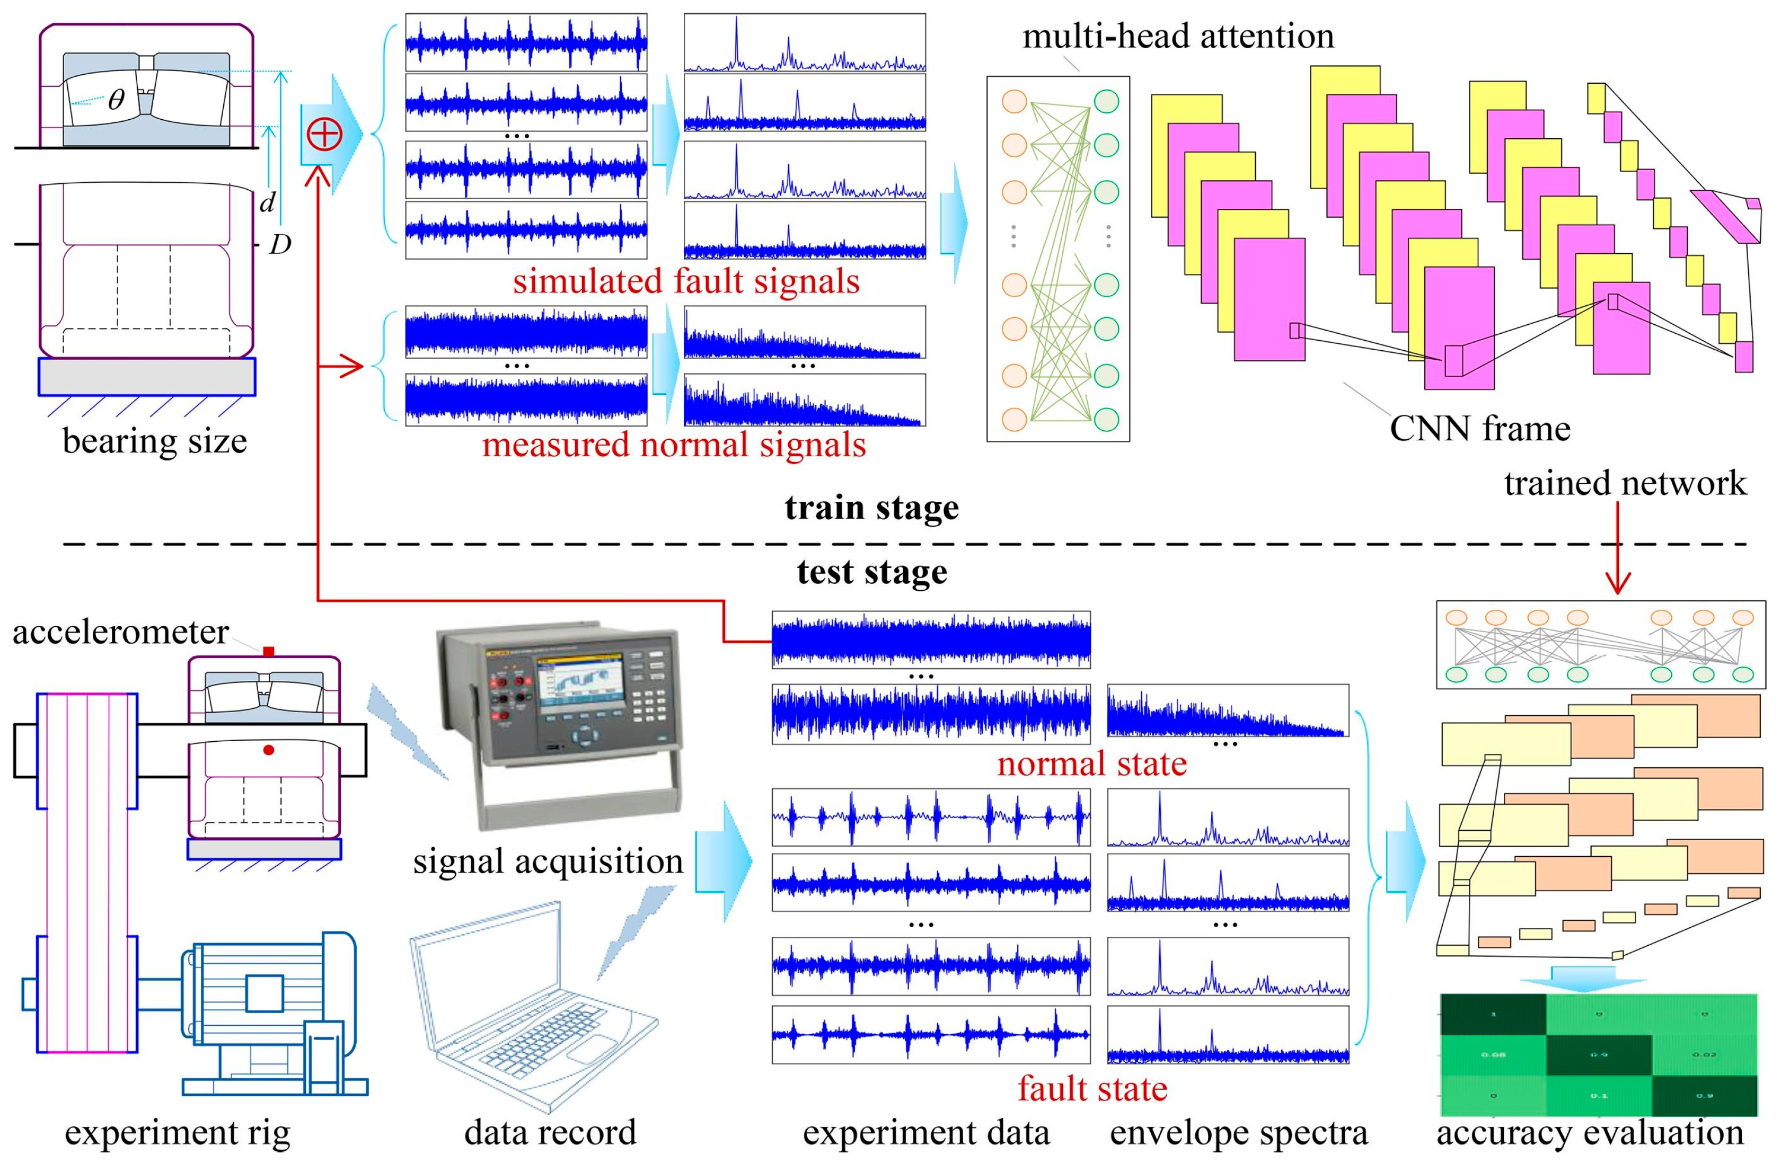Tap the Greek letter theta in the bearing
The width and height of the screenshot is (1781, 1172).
click(116, 100)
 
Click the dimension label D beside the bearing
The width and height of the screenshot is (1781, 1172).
click(280, 244)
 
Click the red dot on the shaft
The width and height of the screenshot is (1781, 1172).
click(269, 749)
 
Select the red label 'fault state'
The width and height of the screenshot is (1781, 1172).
click(1092, 1088)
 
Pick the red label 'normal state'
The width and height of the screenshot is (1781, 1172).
click(1092, 763)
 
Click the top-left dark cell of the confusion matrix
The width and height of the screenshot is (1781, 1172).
click(1493, 1014)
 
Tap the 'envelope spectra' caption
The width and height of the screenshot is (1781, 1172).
click(1238, 1132)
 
